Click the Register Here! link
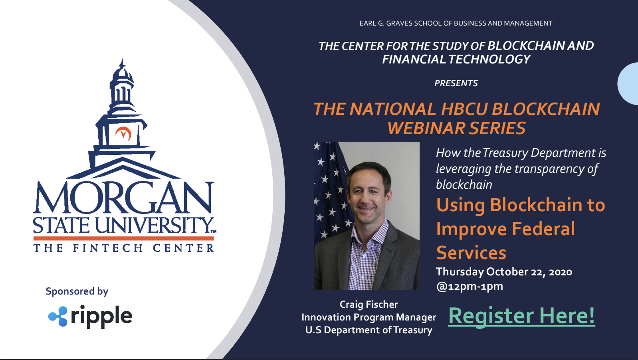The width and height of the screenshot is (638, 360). coord(521,316)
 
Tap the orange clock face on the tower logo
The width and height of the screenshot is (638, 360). coord(123,134)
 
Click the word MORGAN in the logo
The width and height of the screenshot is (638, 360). coord(123,198)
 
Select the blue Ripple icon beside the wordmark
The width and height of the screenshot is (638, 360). coord(58,316)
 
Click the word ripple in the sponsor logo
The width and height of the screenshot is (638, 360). coord(101,317)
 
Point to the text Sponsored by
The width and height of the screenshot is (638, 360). coord(77,291)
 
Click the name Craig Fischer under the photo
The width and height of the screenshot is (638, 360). coord(369,305)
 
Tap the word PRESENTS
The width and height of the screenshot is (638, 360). coord(456,83)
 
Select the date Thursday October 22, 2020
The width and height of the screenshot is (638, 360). coord(504,272)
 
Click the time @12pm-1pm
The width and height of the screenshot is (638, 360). coord(470,286)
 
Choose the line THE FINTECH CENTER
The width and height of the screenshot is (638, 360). coord(124,248)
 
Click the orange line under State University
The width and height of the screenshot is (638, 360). coord(124,238)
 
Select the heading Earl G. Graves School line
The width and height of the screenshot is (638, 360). coord(456,24)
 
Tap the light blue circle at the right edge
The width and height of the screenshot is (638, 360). coord(628,84)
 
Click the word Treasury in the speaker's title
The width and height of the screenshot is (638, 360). coord(413,330)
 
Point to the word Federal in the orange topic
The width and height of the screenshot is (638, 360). coord(543,229)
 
